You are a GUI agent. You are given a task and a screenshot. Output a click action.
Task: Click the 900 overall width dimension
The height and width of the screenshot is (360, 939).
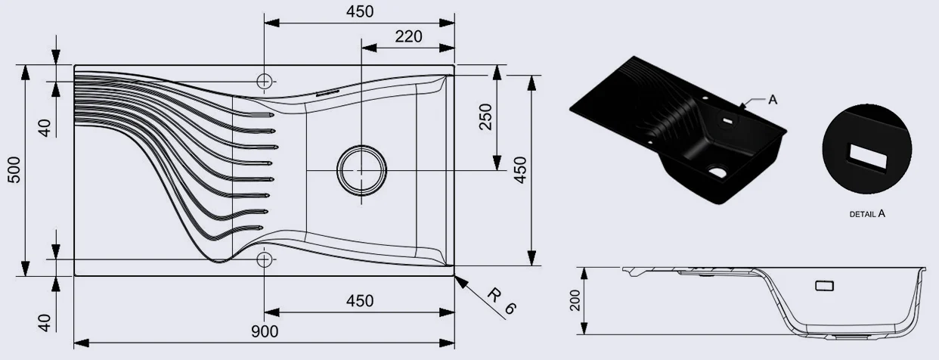(265, 331)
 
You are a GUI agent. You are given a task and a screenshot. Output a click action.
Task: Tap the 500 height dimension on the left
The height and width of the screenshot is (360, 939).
(14, 170)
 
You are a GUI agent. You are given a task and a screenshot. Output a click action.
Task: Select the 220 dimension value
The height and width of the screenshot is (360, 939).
(408, 36)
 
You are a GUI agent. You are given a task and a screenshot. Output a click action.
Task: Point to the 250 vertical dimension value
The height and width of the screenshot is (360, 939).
(485, 117)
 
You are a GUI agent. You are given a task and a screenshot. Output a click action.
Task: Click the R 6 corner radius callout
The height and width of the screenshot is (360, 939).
(501, 301)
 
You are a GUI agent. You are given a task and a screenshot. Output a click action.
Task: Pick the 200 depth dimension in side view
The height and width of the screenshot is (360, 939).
(575, 300)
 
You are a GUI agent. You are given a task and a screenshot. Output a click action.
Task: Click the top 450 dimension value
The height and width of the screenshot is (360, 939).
(360, 11)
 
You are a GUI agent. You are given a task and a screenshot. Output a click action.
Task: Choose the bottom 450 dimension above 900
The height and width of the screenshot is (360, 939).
(360, 301)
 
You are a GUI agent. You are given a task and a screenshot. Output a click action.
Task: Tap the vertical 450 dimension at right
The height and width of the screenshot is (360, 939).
(520, 170)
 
